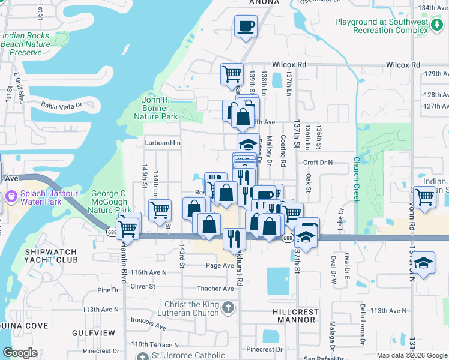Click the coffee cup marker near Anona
[246, 27]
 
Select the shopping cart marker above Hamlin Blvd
[128, 227]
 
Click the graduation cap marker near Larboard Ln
[248, 145]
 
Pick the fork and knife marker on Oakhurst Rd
[234, 238]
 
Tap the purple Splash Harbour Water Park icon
[11, 197]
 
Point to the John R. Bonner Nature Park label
[160, 108]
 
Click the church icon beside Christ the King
[228, 308]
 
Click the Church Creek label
[356, 180]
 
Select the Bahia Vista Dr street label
[60, 106]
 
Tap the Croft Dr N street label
[318, 163]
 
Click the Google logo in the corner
[20, 353]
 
